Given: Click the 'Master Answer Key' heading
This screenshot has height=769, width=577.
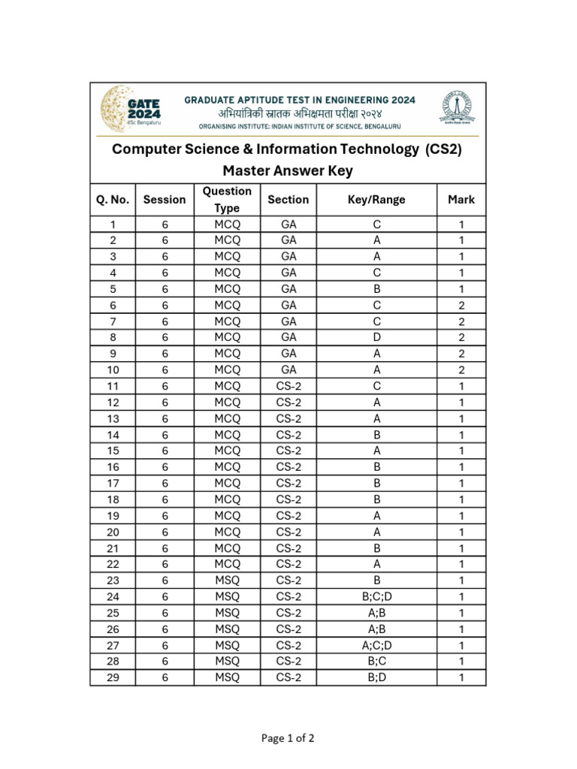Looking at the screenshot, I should click(x=288, y=171).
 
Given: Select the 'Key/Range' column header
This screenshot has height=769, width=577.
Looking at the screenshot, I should click(x=376, y=200).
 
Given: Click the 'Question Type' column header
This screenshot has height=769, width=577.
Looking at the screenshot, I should click(x=227, y=200).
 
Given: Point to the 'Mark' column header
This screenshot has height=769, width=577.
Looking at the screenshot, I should click(x=461, y=200).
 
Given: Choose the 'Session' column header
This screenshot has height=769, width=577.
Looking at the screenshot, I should click(x=165, y=200).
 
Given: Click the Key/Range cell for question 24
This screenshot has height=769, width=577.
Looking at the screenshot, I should click(x=376, y=597).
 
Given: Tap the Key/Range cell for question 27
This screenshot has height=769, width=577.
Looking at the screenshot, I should click(x=376, y=645).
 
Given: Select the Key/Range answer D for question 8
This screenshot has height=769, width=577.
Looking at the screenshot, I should click(x=376, y=337).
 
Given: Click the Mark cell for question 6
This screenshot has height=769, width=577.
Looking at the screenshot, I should click(x=461, y=305).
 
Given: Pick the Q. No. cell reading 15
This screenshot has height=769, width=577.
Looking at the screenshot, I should click(x=113, y=451).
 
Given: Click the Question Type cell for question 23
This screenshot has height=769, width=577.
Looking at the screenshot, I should click(x=227, y=581).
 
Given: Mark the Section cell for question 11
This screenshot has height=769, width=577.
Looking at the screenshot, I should click(x=288, y=386).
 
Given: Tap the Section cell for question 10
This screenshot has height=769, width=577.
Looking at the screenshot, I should click(x=288, y=369).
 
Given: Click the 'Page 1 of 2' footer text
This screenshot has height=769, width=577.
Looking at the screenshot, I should click(x=288, y=738).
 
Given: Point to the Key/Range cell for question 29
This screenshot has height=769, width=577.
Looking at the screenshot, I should click(x=376, y=677).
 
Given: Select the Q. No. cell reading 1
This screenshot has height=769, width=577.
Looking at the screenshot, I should click(x=113, y=225).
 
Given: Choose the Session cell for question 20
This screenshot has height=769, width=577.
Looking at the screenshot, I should click(x=165, y=532).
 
